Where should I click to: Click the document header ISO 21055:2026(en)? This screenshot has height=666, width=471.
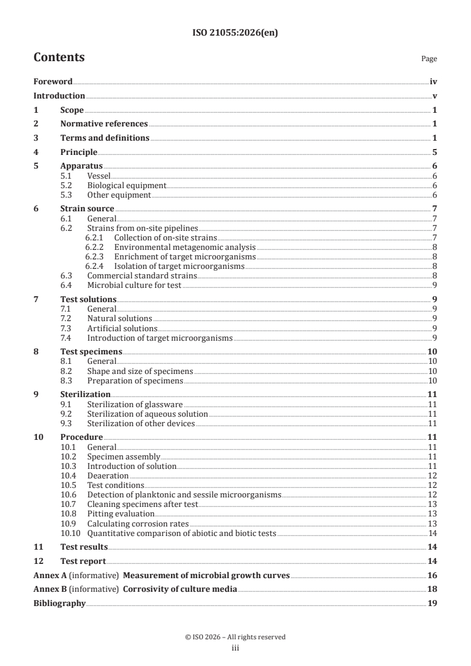click(x=235, y=33)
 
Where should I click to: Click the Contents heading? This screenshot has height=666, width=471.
click(x=59, y=58)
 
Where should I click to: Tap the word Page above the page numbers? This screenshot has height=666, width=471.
click(x=429, y=59)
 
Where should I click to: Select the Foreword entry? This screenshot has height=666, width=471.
click(x=53, y=82)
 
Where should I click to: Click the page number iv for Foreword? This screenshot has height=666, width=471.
click(x=433, y=82)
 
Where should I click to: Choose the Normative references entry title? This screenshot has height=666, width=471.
click(x=104, y=124)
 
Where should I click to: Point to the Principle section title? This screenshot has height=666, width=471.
click(x=78, y=152)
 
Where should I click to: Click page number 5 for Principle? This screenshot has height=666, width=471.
click(x=435, y=152)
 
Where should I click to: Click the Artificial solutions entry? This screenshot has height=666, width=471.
click(x=122, y=328)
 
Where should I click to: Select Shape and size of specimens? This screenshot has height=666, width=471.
click(x=140, y=371)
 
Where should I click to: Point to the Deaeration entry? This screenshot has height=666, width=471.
click(x=108, y=475)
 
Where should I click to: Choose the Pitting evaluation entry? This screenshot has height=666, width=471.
click(x=121, y=513)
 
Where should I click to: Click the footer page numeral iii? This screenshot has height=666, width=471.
click(x=235, y=648)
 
